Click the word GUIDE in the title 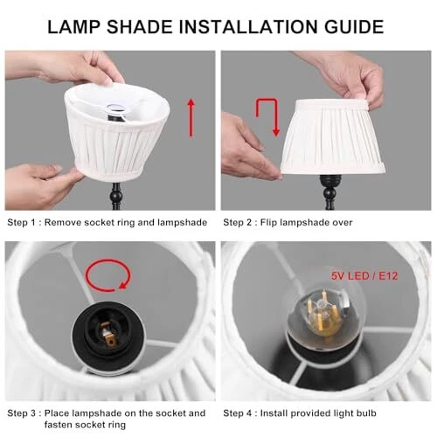pos(354,27)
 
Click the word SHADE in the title pos(140,27)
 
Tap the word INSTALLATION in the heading pos(248,27)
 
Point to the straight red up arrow pos(191,118)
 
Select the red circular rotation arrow pos(108,275)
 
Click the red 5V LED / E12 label pos(364,275)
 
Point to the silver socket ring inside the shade pos(115,109)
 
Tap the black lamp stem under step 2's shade pos(329,192)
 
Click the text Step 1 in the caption pos(21,223)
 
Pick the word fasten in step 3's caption pos(59,425)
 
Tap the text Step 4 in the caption pos(238,413)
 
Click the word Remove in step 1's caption pos(63,223)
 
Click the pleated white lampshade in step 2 pos(332,137)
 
